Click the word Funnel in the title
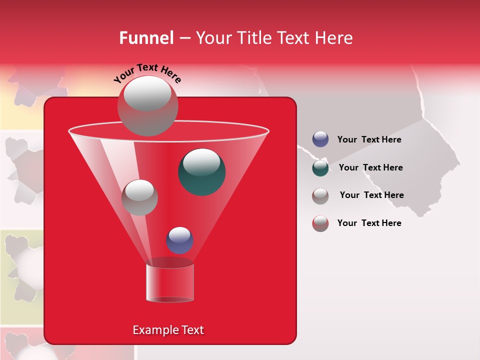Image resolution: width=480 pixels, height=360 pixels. (x=146, y=38)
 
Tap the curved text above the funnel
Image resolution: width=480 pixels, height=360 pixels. (x=147, y=73)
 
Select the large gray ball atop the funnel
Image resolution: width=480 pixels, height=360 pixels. (x=148, y=105)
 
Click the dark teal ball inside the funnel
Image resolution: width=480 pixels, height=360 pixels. (x=201, y=172)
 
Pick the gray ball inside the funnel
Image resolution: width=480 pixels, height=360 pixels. (x=139, y=197)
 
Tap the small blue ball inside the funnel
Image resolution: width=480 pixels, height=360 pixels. (x=179, y=240)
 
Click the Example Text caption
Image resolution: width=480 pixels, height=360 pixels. (x=168, y=330)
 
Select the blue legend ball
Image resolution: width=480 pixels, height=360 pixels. (x=320, y=139)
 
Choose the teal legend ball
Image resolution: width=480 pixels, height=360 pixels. (x=320, y=167)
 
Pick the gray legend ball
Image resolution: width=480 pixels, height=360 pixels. (x=320, y=195)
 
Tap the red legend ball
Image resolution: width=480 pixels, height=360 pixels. (x=320, y=223)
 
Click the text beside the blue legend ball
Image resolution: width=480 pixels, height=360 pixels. (x=369, y=139)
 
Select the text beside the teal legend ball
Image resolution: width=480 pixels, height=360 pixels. (x=370, y=167)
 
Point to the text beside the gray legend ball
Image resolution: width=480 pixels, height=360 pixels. (x=371, y=195)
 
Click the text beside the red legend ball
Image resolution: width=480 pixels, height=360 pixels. (x=369, y=223)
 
